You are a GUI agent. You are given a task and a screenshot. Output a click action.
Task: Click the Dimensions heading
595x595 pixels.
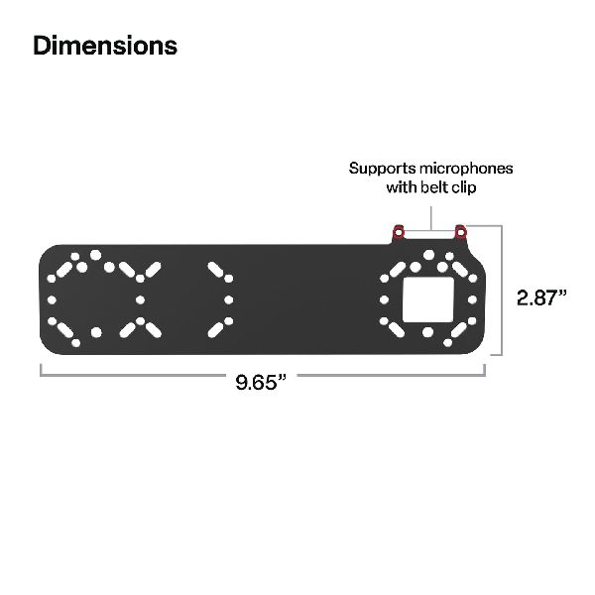(x=105, y=46)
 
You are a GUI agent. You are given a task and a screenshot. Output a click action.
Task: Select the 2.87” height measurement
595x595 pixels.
(x=541, y=297)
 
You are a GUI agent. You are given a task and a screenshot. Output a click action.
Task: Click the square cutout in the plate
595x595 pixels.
(x=428, y=299)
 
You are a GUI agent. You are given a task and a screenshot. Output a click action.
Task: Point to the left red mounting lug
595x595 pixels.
(x=398, y=231)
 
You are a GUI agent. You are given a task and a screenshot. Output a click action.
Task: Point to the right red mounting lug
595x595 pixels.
(x=460, y=231)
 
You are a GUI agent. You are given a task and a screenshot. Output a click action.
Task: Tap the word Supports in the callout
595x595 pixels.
(x=382, y=169)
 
